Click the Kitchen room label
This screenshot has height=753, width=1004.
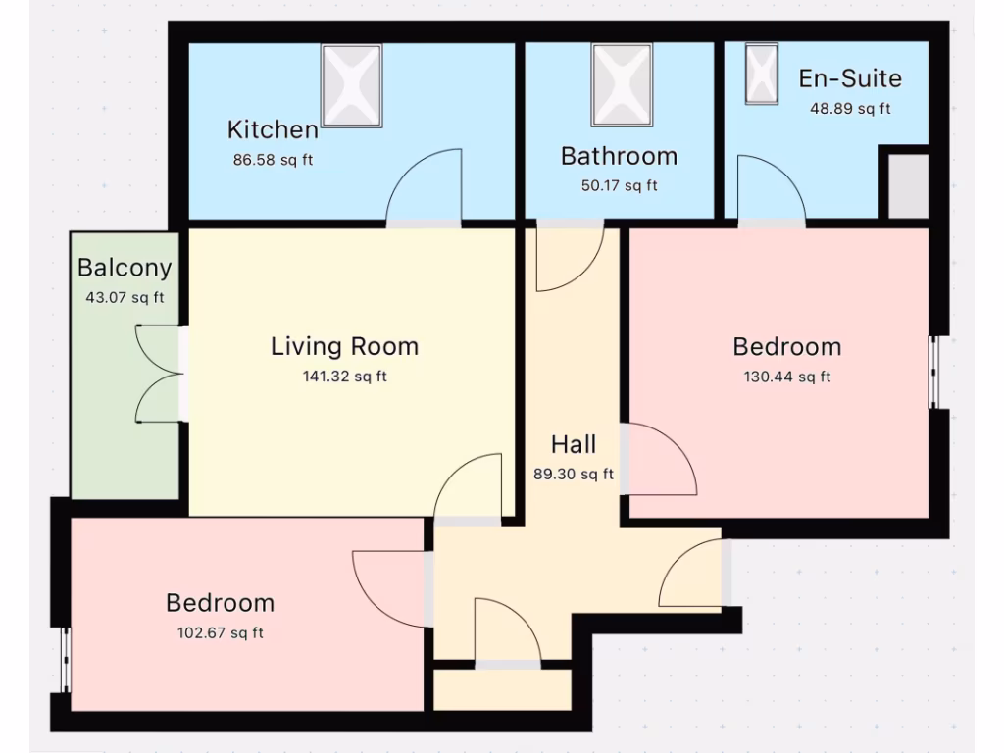point(273,129)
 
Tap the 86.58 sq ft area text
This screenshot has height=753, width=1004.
point(273,160)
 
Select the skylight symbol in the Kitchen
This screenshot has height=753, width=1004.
point(352,85)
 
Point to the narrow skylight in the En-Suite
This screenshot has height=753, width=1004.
point(761,74)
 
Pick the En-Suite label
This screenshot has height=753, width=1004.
point(849,78)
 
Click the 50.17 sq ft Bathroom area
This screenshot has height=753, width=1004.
point(619,185)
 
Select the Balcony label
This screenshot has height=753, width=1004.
point(125,267)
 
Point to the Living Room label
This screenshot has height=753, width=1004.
point(344,346)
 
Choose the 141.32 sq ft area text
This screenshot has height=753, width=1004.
point(344,376)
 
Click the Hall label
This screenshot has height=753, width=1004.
point(574,444)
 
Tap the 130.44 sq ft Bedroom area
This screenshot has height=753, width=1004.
point(786,376)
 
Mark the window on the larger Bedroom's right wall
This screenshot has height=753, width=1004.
point(933,372)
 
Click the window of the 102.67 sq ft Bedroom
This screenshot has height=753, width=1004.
point(67,659)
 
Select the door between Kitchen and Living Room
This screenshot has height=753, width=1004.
point(424,191)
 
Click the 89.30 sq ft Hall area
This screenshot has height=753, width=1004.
point(574,475)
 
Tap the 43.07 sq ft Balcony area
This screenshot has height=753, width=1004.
point(125,297)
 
